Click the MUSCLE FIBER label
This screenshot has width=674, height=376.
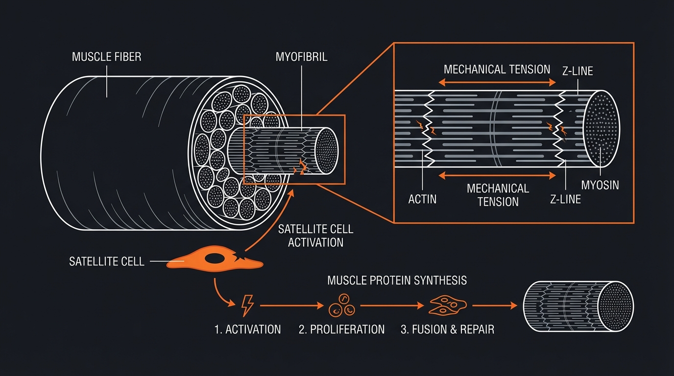(x=106, y=57)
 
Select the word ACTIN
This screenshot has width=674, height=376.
(x=422, y=199)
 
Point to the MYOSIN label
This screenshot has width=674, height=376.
(x=600, y=185)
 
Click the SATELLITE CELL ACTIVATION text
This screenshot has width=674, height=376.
(x=315, y=235)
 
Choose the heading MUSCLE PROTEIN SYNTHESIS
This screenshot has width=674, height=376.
(x=397, y=281)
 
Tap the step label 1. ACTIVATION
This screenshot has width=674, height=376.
(x=248, y=329)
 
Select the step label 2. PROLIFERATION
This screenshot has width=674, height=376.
(x=341, y=329)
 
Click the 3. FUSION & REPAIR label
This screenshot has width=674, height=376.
(x=447, y=329)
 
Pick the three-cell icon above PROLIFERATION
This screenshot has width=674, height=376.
(x=341, y=306)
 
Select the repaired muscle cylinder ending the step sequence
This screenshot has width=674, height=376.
(x=578, y=306)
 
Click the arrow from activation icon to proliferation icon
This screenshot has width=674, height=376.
(x=292, y=305)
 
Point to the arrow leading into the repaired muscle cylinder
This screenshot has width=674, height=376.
(x=495, y=305)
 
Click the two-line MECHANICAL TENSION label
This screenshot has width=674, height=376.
(x=498, y=195)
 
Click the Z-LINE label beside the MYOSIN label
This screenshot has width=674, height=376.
(x=565, y=199)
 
